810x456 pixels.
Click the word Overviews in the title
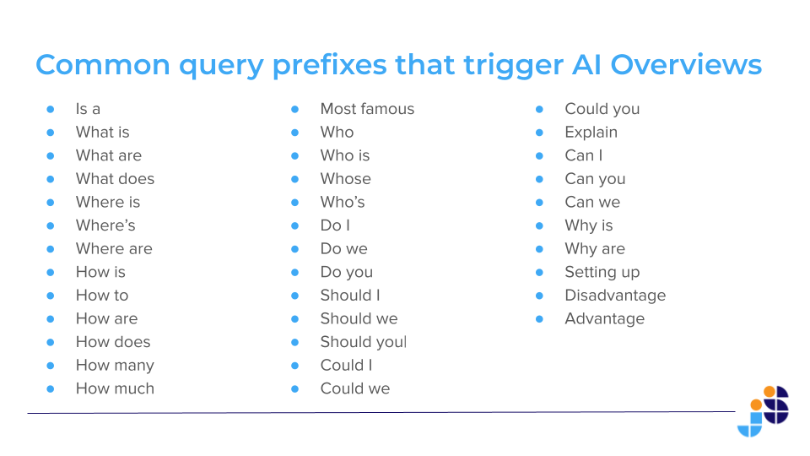pos(686,65)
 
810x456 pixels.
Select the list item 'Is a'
pos(88,109)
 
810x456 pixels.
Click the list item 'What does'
pos(116,179)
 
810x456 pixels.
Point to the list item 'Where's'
pos(105,225)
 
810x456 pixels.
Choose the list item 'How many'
pos(116,366)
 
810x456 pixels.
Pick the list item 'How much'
pos(116,388)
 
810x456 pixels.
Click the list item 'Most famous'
pos(367,109)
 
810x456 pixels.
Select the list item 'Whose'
pos(346,179)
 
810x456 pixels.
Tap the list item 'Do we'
pos(344,248)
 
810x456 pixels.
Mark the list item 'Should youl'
pos(364,342)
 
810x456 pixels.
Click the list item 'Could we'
pos(355,388)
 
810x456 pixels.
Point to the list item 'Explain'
pos(591,133)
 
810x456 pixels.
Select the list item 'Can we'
pos(592,202)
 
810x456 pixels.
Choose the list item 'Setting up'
pos(602,273)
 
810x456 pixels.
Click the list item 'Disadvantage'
pos(615,296)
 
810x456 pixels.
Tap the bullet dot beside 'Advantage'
pos(539,319)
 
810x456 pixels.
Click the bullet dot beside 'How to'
pos(50,296)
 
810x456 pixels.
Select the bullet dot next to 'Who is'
pos(295,155)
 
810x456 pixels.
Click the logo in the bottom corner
pos(763,411)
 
